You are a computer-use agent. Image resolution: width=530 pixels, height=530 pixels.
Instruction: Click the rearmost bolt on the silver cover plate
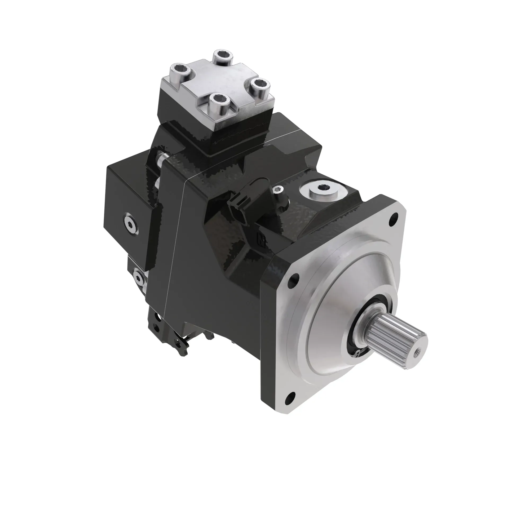(x=223, y=57)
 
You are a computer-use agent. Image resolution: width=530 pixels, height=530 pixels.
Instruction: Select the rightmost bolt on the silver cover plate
(x=260, y=85)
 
